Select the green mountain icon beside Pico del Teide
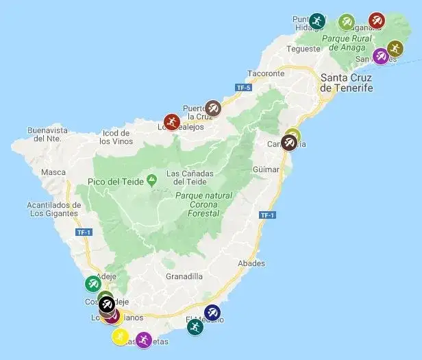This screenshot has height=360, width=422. [151, 180]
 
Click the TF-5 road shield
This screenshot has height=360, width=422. [243, 88]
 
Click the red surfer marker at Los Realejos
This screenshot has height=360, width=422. [171, 122]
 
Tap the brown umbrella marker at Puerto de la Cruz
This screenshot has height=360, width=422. [213, 108]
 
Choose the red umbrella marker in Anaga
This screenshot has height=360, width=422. [376, 21]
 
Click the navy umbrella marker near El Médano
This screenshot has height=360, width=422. [212, 313]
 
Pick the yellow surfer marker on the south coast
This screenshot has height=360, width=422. [121, 336]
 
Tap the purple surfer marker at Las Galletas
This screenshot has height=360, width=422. [143, 340]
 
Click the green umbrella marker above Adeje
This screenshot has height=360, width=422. [92, 283]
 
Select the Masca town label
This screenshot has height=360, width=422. [53, 172]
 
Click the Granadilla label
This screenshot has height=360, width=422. [184, 276]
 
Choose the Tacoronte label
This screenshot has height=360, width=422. [265, 73]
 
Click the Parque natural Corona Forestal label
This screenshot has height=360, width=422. [203, 204]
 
